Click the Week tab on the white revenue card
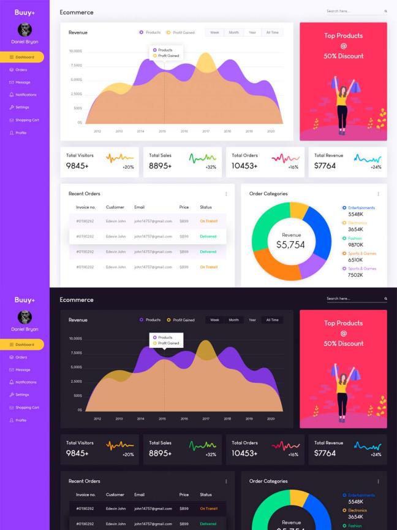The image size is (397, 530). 214,33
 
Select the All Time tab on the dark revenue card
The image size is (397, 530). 273,320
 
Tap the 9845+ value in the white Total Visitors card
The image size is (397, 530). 77,166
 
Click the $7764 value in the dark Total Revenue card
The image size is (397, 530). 325,453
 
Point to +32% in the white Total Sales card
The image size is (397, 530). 211,167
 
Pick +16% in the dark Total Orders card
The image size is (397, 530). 293,455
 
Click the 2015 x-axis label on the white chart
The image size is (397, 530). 162,131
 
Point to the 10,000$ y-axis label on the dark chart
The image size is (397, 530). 75,339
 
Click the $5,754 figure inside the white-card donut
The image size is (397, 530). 290,245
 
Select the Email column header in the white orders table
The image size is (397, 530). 140,207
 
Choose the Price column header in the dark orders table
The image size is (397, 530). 184,494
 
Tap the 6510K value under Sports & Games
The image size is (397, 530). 355,260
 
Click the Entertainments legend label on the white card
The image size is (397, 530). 361,208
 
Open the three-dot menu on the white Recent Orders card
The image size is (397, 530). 226,194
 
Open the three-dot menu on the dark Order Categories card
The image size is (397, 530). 378,482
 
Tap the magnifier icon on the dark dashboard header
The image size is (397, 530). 385,299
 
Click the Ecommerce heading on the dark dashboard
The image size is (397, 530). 77,299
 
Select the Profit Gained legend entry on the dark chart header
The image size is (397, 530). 183,320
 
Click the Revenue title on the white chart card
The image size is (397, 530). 78,33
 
